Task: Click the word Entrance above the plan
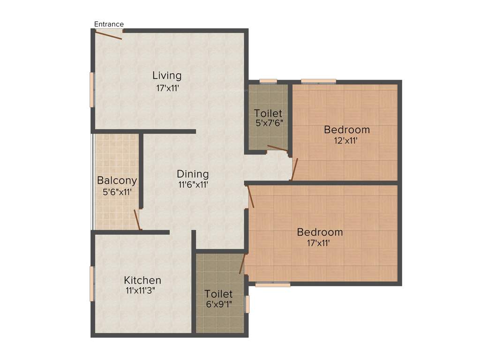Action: pyautogui.click(x=109, y=24)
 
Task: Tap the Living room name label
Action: pyautogui.click(x=167, y=75)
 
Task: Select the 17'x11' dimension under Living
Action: pyautogui.click(x=167, y=88)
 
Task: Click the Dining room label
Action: pyautogui.click(x=193, y=174)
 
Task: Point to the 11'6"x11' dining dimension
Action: pyautogui.click(x=193, y=185)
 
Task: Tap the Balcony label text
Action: pyautogui.click(x=117, y=180)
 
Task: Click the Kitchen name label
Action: pyautogui.click(x=142, y=280)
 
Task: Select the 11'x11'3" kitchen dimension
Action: pyautogui.click(x=140, y=291)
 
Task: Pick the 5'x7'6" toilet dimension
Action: pyautogui.click(x=268, y=124)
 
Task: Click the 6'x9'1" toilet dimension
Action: pyautogui.click(x=218, y=304)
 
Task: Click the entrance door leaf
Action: pyautogui.click(x=109, y=35)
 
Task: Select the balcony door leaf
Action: pyautogui.click(x=137, y=219)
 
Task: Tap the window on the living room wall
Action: pyautogui.click(x=92, y=89)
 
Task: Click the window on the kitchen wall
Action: pyautogui.click(x=92, y=284)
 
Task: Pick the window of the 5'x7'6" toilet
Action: pyautogui.click(x=268, y=81)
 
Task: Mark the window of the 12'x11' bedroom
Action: pyautogui.click(x=318, y=81)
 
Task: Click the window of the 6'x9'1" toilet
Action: pyautogui.click(x=247, y=304)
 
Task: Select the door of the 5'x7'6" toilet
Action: pyautogui.click(x=277, y=149)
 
